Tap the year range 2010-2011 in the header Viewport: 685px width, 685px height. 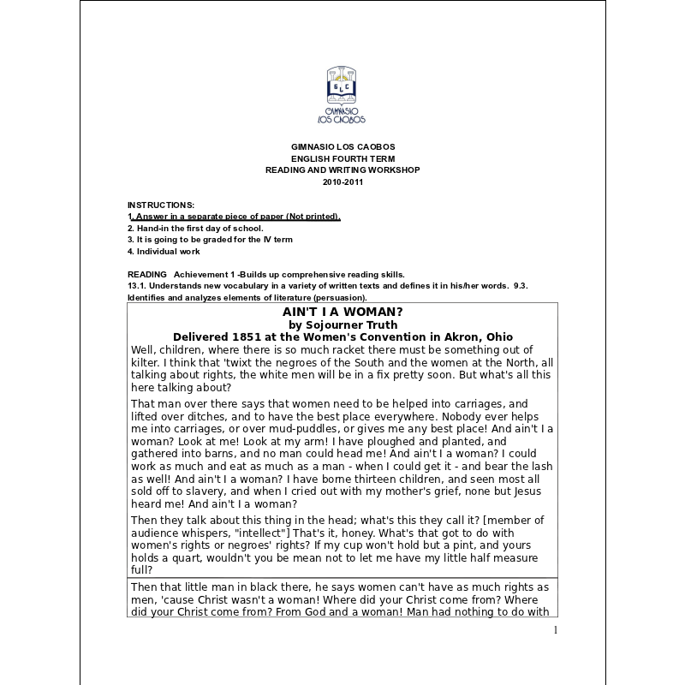tap(342, 182)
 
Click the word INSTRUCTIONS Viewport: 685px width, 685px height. tap(161, 205)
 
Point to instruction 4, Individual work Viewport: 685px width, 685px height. tap(164, 252)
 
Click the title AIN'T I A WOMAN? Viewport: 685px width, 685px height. tap(342, 312)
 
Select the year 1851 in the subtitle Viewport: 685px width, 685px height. tap(244, 337)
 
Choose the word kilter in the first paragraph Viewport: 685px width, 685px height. tap(145, 362)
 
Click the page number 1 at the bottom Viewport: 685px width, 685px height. tap(555, 631)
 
